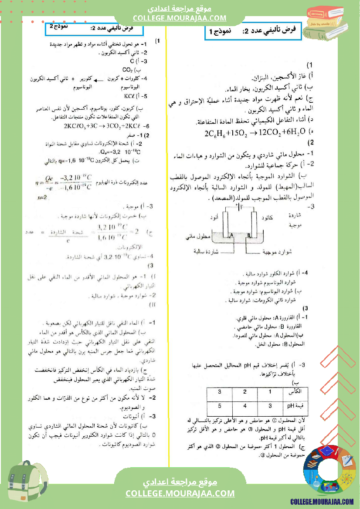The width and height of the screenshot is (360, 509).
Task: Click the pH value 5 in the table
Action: pos(220,406)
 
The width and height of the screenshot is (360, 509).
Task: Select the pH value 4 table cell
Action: pos(245,406)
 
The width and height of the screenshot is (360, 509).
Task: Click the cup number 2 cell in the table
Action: pos(245,392)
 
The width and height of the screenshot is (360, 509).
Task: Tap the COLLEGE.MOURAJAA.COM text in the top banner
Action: pos(180,18)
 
